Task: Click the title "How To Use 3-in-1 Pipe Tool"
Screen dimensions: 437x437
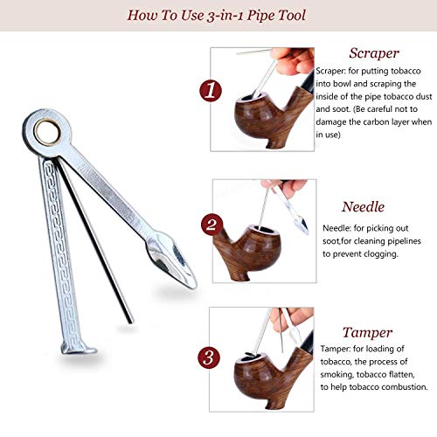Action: point(217,16)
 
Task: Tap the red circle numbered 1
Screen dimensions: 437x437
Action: point(211,90)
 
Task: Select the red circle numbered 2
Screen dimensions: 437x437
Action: point(212,225)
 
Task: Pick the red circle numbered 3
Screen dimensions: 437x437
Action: point(209,357)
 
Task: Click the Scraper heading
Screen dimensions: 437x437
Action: point(374,53)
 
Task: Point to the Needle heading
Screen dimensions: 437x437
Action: point(363,207)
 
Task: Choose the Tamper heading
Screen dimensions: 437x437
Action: point(367,333)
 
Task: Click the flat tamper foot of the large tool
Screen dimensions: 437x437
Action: point(78,349)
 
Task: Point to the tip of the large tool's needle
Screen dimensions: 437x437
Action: point(130,322)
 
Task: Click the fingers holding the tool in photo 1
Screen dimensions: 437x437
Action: point(291,61)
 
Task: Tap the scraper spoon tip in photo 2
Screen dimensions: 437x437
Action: point(301,225)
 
